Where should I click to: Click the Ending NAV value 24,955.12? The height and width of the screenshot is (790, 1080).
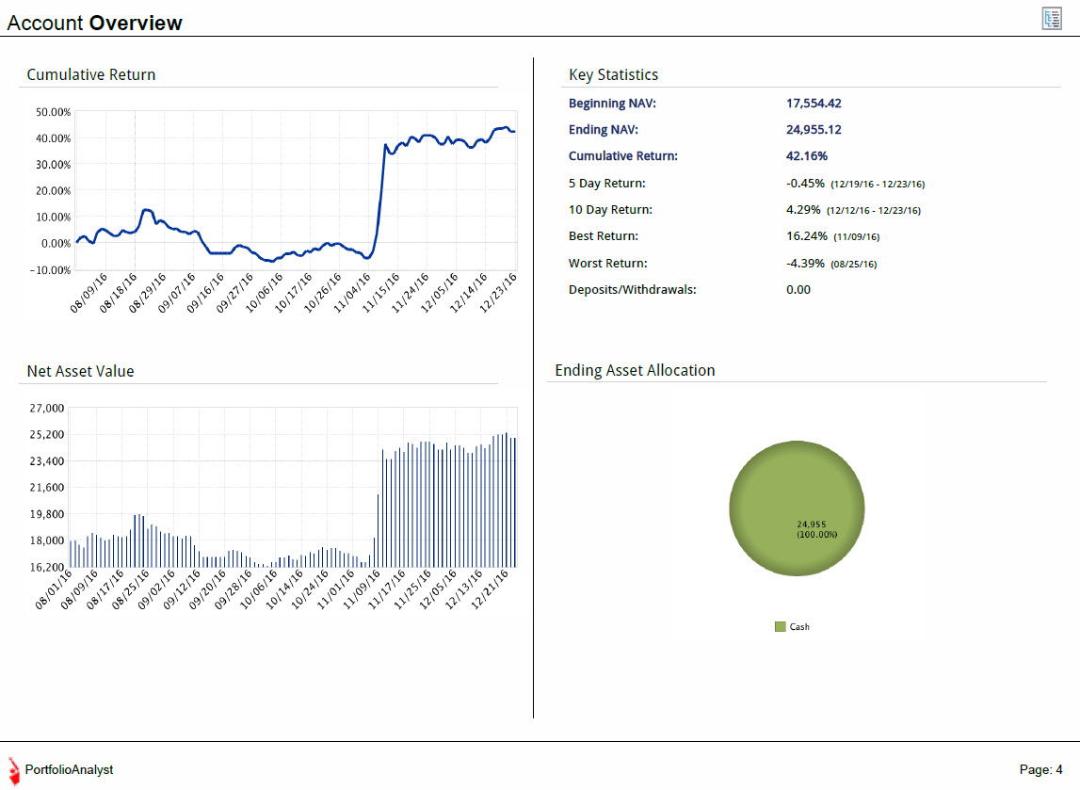click(x=814, y=130)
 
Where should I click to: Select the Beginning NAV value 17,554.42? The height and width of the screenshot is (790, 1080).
click(x=814, y=104)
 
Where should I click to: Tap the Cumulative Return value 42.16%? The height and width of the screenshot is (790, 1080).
click(x=807, y=155)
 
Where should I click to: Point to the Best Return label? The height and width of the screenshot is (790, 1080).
click(x=604, y=236)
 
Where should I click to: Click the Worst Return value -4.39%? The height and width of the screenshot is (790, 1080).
click(x=805, y=263)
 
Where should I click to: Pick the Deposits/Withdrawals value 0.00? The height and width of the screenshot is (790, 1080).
click(x=798, y=290)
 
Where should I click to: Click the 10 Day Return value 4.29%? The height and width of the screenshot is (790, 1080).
click(x=803, y=209)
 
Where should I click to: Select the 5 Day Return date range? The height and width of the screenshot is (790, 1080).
click(x=878, y=184)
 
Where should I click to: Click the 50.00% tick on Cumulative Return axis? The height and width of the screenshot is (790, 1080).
click(x=53, y=111)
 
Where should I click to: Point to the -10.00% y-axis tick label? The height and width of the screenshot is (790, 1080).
click(x=50, y=270)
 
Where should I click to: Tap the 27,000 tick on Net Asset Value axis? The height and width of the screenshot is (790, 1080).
click(x=47, y=409)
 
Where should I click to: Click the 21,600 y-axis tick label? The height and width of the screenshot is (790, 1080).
click(x=47, y=488)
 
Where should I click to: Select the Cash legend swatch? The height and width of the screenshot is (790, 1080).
click(x=781, y=627)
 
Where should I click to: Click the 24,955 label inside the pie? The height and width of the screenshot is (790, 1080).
click(x=812, y=524)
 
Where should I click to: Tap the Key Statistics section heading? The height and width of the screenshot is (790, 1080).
click(x=613, y=75)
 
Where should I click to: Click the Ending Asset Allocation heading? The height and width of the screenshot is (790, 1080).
click(x=635, y=371)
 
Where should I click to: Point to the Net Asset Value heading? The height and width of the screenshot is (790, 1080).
click(x=81, y=371)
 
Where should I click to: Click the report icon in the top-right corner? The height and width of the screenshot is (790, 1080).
click(x=1052, y=19)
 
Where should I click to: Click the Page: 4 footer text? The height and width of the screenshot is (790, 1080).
click(x=1040, y=770)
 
